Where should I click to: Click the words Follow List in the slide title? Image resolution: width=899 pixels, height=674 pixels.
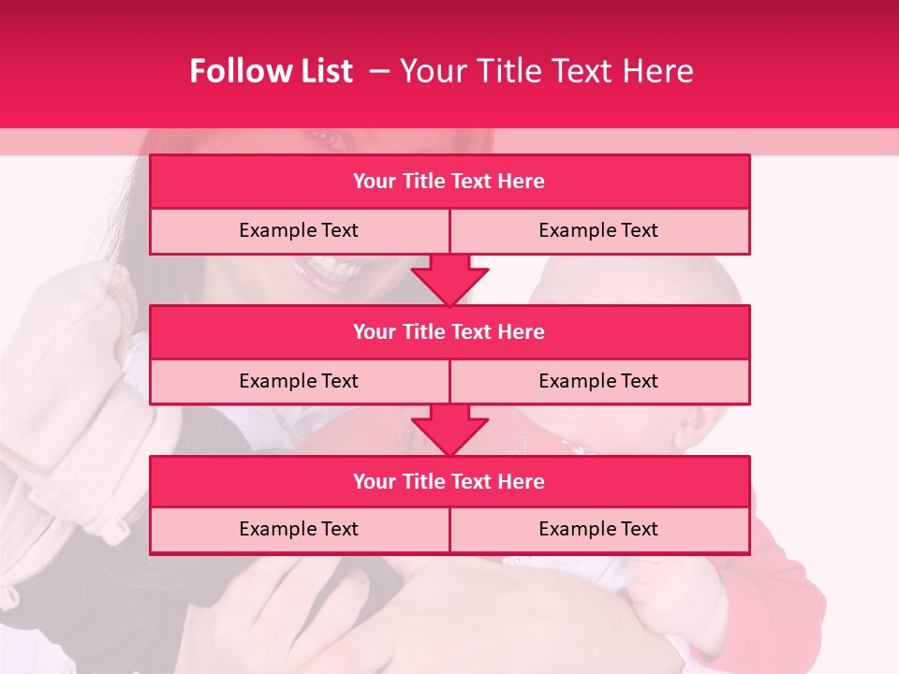(x=271, y=71)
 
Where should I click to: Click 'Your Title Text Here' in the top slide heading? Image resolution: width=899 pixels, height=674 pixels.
(x=546, y=71)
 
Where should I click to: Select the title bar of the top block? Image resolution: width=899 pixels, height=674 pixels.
(x=449, y=182)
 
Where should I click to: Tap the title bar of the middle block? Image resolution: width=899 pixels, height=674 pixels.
(x=449, y=331)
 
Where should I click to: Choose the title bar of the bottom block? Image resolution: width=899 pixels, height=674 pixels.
(x=449, y=481)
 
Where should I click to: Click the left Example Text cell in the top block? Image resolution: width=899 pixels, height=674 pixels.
(x=299, y=230)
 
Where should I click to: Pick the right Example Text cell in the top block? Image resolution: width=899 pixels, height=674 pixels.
(x=598, y=230)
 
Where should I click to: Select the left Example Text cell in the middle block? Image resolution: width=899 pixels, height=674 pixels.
(x=299, y=381)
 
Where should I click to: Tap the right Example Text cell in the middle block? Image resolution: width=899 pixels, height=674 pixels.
(x=598, y=381)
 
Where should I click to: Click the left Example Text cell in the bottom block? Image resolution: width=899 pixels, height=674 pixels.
(x=299, y=529)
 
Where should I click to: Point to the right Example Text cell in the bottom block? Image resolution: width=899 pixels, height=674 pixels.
(x=598, y=529)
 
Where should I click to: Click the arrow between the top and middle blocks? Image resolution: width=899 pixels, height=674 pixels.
(x=449, y=280)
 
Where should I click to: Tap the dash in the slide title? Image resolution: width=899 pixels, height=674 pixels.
(x=379, y=71)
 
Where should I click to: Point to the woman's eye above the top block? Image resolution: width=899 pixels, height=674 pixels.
(x=329, y=139)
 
